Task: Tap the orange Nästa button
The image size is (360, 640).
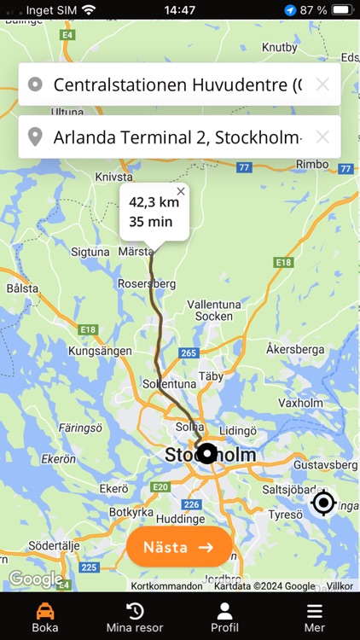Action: [x=179, y=547]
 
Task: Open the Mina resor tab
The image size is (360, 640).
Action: [x=135, y=617]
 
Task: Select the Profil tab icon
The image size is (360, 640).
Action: [x=224, y=611]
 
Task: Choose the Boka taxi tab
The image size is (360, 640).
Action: [x=44, y=617]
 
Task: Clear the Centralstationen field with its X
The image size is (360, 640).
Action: [x=322, y=84]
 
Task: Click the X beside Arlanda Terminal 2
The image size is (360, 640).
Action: [x=322, y=137]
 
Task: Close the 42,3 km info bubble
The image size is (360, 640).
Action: [x=181, y=192]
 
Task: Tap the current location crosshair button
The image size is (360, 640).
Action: [x=323, y=503]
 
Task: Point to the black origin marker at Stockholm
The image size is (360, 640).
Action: [x=206, y=454]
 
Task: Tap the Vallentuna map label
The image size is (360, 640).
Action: [x=209, y=304]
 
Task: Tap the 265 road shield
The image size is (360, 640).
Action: [x=189, y=352]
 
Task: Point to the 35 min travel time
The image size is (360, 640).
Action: [x=150, y=222]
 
